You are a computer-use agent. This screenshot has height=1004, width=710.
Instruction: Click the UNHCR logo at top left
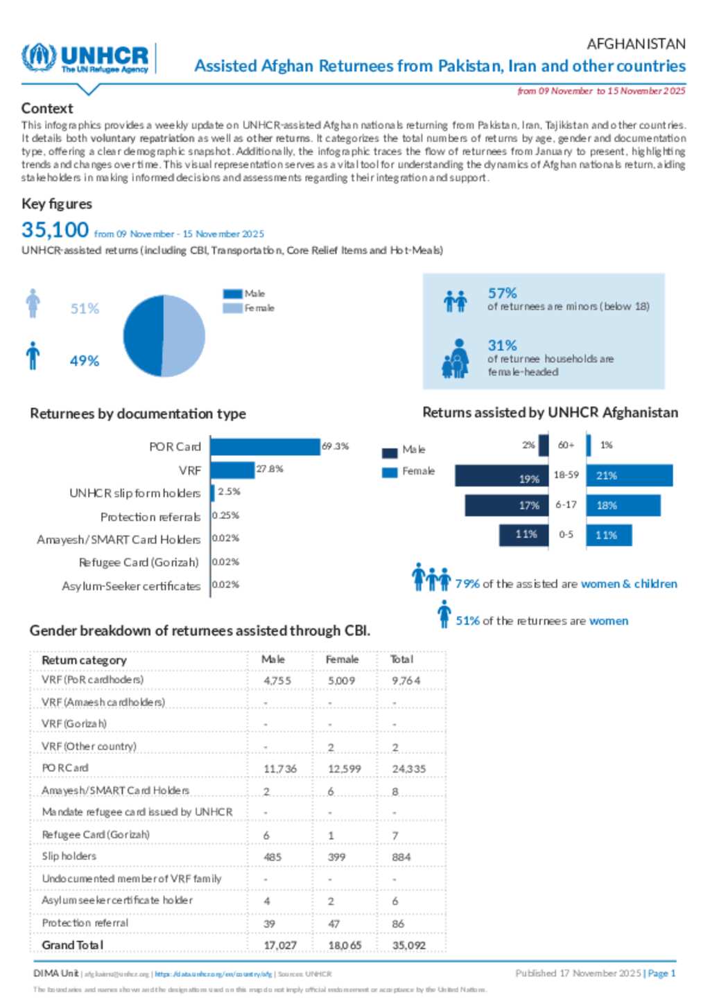(85, 58)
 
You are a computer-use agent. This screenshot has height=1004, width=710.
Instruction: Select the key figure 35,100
(55, 229)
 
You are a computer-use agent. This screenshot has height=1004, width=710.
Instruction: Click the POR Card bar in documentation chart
(265, 447)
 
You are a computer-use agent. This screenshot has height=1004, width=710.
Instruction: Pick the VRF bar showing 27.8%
(232, 470)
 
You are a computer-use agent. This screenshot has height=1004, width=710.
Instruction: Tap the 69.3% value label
(336, 446)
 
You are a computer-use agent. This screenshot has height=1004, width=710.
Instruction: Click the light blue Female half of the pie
(184, 335)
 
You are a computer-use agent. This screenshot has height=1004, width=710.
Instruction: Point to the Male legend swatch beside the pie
(232, 294)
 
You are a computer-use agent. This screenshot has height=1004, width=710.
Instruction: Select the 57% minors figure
(502, 293)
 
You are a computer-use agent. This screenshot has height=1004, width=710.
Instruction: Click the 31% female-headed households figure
(502, 345)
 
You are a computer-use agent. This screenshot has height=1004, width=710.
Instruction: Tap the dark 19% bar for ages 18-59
(501, 476)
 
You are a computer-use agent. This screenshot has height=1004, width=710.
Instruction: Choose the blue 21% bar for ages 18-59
(629, 476)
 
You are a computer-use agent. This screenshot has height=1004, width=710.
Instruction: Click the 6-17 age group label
(566, 505)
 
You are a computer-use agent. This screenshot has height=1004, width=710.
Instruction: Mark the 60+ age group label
(566, 445)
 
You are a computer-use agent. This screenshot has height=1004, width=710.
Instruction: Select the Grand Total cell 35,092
(409, 945)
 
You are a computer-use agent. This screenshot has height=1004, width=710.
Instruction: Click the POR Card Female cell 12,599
(344, 768)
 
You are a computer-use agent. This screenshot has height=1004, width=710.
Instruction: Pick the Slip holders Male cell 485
(272, 857)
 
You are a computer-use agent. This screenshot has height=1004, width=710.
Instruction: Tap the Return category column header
(84, 660)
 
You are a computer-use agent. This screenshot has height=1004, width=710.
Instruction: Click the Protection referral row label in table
(85, 923)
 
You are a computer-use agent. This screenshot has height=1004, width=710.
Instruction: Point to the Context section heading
(47, 108)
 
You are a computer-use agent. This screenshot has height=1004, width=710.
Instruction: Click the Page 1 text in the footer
(661, 973)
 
